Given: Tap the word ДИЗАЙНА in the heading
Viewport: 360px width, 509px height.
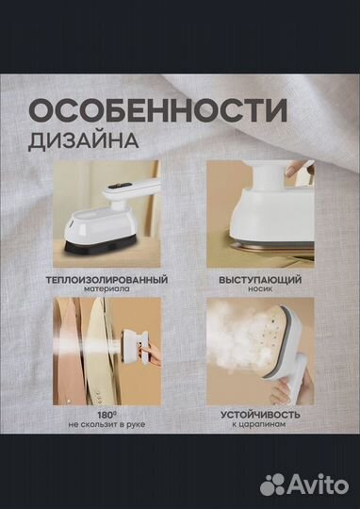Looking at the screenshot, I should (x=86, y=140).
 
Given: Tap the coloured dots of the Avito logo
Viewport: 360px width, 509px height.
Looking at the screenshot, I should (x=276, y=484).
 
